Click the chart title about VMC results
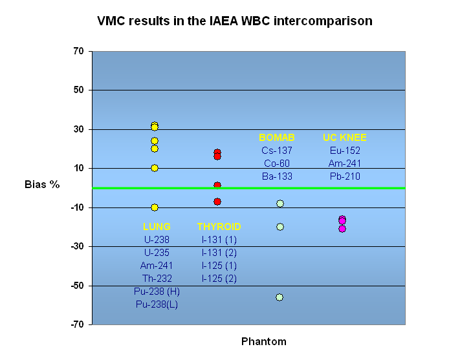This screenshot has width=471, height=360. point(235,21)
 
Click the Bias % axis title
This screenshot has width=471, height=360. point(42,184)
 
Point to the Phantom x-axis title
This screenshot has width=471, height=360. point(264,341)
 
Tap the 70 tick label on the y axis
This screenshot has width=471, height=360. point(78,51)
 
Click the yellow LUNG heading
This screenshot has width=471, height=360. point(157,227)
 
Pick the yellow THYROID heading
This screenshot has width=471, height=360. point(219,227)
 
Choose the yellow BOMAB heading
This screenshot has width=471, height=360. point(277,138)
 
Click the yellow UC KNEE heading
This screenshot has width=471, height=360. point(345,138)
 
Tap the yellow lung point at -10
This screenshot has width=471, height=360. point(155,207)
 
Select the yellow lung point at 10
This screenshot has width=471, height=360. point(155,168)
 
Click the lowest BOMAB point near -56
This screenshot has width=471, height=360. point(279,297)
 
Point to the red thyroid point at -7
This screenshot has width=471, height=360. point(217,202)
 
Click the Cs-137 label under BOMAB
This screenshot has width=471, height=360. point(277,151)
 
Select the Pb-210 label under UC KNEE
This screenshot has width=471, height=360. point(345,176)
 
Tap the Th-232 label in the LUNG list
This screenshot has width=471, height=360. point(157,278)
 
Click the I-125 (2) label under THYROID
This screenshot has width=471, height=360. point(219,278)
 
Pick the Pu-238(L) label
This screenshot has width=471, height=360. point(157,304)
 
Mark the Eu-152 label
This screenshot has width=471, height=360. point(345,151)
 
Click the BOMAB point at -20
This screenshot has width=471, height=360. point(280,227)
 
